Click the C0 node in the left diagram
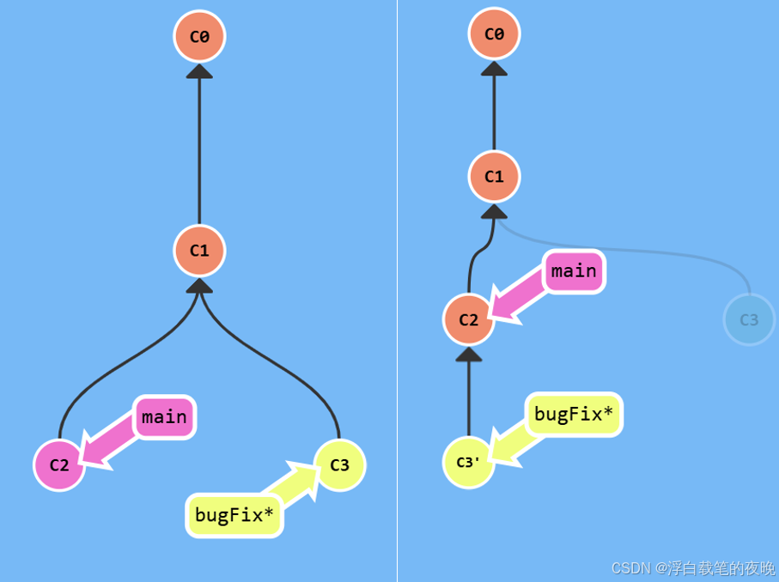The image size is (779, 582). point(199,36)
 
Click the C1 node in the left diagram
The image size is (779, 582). point(199,251)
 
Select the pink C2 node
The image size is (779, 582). point(59,465)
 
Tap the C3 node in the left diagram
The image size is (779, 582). point(340,465)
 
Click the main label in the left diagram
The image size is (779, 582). point(164,417)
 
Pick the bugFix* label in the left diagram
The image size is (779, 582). point(234,515)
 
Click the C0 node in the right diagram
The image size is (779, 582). point(494,34)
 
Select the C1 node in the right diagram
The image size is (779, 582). point(494,177)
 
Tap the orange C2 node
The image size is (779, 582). point(468,320)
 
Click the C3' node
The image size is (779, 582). point(468,462)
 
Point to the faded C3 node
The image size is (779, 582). point(749,319)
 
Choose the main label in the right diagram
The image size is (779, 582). point(574,271)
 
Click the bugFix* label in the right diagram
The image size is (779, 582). point(573,415)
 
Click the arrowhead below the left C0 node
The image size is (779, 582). point(199,70)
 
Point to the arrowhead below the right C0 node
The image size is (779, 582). point(494,69)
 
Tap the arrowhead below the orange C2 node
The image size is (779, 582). point(468,355)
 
